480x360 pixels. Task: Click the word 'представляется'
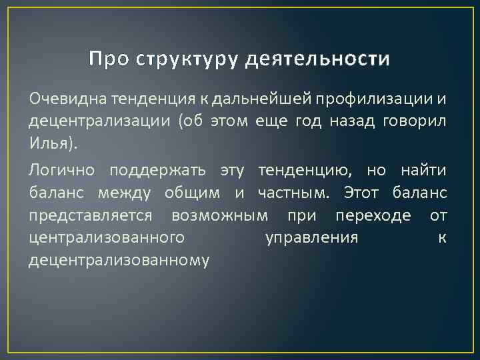[x=91, y=216]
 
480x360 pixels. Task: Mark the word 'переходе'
[x=366, y=216]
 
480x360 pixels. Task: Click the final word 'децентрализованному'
[x=119, y=261]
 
